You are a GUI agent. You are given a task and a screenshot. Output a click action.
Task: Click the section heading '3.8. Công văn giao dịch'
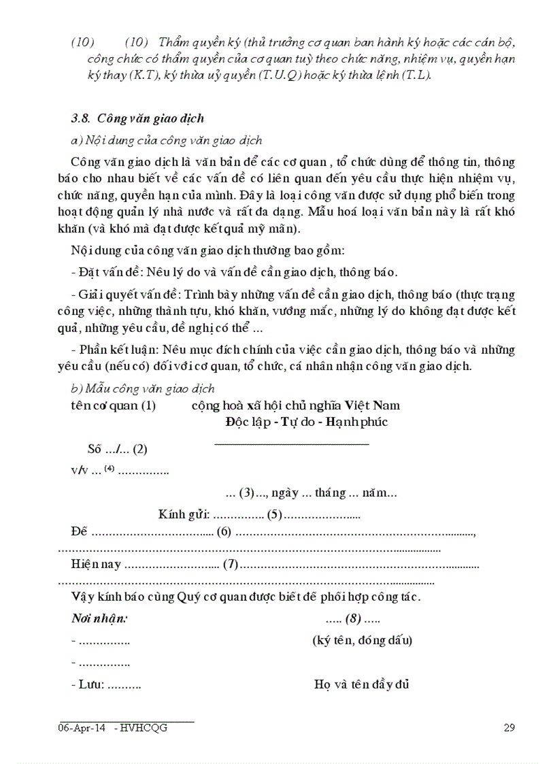[137, 118]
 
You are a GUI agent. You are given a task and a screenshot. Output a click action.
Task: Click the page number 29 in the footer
[509, 728]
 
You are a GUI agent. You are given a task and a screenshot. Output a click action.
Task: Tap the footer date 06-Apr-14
[82, 728]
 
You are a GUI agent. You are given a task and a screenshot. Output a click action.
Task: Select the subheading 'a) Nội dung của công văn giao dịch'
[166, 140]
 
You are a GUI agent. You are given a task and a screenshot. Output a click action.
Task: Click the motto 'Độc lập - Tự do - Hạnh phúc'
[307, 422]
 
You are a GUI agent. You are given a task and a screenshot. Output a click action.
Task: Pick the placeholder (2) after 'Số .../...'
[140, 449]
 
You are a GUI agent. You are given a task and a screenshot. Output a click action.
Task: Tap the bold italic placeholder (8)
[352, 619]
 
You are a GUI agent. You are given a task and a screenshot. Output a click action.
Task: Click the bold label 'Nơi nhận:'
[99, 619]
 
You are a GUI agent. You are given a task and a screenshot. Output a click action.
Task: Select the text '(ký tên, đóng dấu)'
[362, 640]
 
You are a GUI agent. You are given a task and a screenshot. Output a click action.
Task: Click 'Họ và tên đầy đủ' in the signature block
[361, 684]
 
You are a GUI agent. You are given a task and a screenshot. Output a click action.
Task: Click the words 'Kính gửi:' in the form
[184, 514]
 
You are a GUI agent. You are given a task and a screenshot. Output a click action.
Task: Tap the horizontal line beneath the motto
[292, 444]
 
